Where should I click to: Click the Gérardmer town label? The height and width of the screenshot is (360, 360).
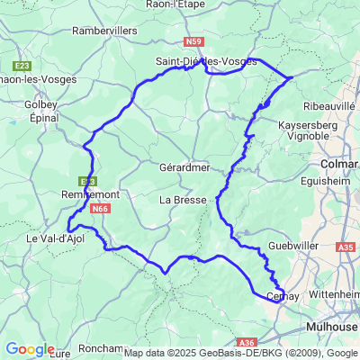[183, 167]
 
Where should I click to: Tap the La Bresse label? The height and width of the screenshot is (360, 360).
[183, 199]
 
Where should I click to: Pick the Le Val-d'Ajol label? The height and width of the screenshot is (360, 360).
[50, 239]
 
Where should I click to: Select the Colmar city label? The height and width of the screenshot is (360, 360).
[340, 165]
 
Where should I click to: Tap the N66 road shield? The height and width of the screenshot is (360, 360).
[101, 209]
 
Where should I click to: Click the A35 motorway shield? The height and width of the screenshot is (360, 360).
[346, 245]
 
